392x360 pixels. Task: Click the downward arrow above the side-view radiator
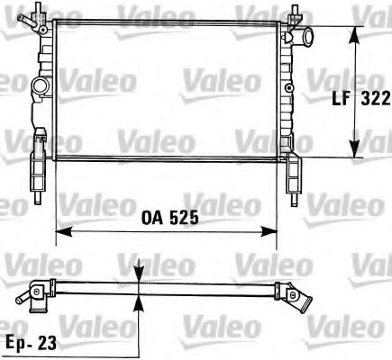(x=138, y=275)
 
